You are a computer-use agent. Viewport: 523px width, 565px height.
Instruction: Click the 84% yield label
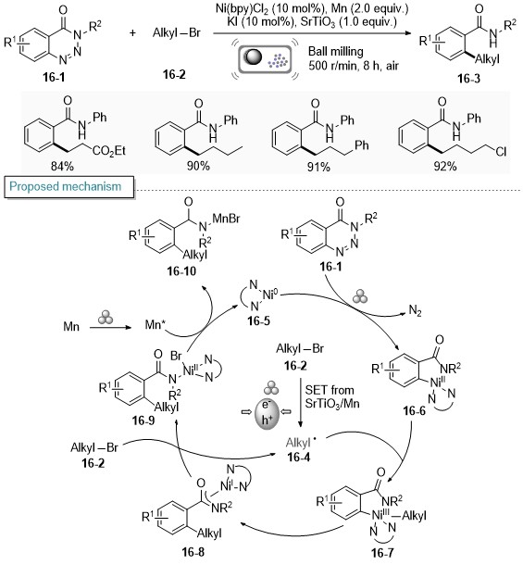point(63,166)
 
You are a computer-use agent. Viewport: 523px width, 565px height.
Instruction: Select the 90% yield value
point(198,166)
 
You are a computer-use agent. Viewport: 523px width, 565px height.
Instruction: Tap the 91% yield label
point(318,167)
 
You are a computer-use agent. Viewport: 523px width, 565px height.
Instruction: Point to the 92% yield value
point(445,166)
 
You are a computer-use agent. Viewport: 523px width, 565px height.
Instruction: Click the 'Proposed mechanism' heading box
point(68,187)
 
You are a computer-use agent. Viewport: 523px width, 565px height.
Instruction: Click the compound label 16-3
point(468,78)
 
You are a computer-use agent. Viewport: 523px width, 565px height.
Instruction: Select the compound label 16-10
point(181,271)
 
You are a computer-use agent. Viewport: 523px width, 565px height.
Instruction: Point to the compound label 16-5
point(258,320)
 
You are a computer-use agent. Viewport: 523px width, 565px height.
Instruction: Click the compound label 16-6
point(414,410)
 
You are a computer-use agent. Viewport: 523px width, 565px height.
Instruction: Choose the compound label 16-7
point(382,552)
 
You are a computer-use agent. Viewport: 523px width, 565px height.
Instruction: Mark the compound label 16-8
point(193,552)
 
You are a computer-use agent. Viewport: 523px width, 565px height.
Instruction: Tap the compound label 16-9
point(143,421)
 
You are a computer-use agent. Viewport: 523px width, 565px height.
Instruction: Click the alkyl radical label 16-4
point(298,457)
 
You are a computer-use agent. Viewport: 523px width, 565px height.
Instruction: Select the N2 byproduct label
point(415,310)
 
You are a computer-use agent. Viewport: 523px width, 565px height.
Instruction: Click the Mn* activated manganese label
point(156,325)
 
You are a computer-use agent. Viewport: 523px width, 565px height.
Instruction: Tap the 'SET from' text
point(330,390)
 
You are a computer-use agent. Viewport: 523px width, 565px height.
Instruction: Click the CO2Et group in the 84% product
point(109,151)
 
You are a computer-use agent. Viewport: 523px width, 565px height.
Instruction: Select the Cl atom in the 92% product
point(501,152)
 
